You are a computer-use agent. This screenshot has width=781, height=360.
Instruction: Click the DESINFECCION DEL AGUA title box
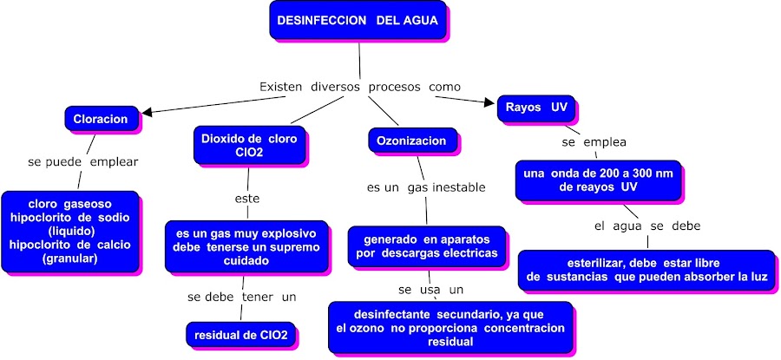[358, 20]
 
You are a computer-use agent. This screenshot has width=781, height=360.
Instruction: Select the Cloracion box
[101, 119]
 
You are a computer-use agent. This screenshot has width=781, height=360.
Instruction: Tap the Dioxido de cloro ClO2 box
[248, 145]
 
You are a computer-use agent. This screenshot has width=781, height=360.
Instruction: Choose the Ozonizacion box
[411, 141]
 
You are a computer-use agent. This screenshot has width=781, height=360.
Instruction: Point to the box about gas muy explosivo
[246, 246]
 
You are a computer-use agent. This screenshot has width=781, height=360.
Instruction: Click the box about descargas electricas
[427, 246]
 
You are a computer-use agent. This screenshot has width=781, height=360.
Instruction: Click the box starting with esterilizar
[646, 269]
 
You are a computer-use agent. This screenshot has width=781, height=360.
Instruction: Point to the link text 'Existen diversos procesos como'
[360, 87]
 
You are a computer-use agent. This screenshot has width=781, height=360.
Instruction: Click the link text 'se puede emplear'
[83, 161]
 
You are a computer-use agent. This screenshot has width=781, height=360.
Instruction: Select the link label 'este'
[247, 199]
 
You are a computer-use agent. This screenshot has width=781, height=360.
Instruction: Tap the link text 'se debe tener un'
[242, 297]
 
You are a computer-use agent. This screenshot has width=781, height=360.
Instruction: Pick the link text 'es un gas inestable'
[426, 187]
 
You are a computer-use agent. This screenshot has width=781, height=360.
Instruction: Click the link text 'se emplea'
[594, 141]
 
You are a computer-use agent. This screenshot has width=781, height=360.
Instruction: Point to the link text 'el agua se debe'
[647, 226]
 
